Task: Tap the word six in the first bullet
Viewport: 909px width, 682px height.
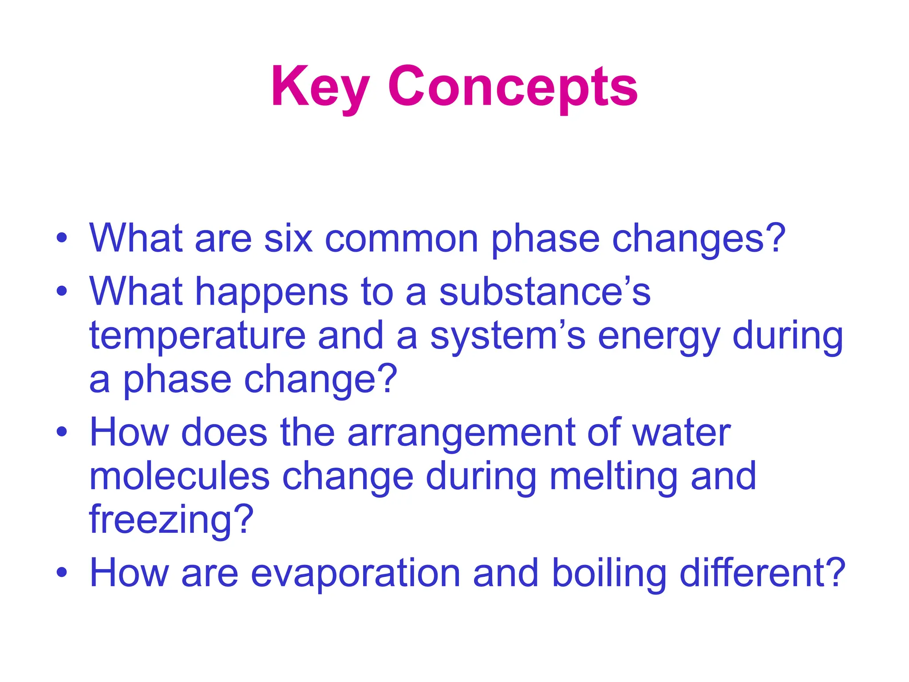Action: [x=288, y=239]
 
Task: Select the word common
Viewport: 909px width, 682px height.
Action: [x=402, y=239]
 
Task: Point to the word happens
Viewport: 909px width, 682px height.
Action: [x=272, y=292]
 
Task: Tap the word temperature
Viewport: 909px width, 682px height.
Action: [x=198, y=336]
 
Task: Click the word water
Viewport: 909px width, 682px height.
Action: [x=681, y=433]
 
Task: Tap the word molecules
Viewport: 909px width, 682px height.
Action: [x=179, y=476]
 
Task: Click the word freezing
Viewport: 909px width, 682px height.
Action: [x=171, y=519]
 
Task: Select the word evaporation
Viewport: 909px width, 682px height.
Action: [x=356, y=573]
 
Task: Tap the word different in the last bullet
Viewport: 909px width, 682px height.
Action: [x=762, y=573]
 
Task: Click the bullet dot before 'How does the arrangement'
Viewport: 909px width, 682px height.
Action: [x=62, y=431]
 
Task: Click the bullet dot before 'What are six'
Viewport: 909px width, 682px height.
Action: [x=62, y=237]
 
